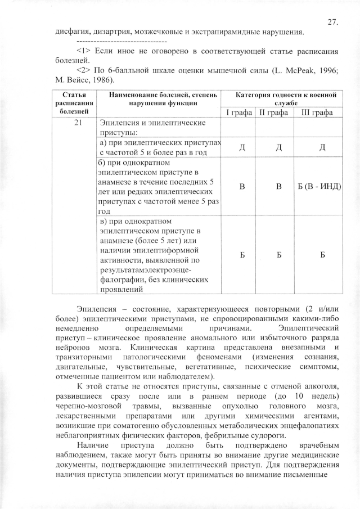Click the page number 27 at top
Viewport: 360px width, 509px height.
(x=332, y=22)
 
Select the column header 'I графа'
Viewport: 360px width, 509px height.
(x=238, y=113)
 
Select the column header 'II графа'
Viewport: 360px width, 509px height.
(x=274, y=113)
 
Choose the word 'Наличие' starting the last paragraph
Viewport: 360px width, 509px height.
(x=93, y=445)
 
